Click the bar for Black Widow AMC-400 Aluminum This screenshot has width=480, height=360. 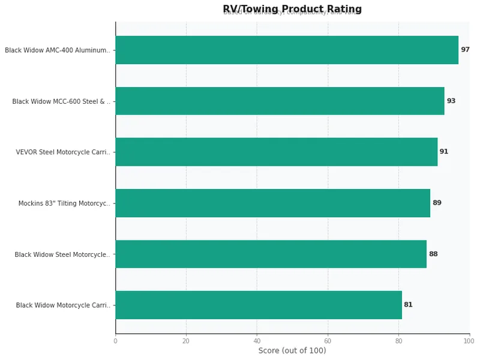pyautogui.click(x=287, y=50)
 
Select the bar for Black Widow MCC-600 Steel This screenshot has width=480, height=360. pyautogui.click(x=280, y=101)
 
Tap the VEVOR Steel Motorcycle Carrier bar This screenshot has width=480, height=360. pyautogui.click(x=276, y=152)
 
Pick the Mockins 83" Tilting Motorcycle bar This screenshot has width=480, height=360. pyautogui.click(x=272, y=203)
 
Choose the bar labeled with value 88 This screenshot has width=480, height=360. pyautogui.click(x=271, y=254)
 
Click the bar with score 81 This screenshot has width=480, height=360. pyautogui.click(x=259, y=305)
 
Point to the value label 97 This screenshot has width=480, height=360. pyautogui.click(x=465, y=50)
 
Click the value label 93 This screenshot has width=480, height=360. pyautogui.click(x=451, y=101)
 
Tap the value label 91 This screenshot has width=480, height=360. pyautogui.click(x=444, y=152)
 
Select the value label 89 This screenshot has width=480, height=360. pyautogui.click(x=437, y=203)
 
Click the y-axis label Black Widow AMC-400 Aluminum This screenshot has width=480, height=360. pyautogui.click(x=58, y=50)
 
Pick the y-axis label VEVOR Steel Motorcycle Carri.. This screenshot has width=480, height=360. pyautogui.click(x=63, y=152)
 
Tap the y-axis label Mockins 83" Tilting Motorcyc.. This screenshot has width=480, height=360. pyautogui.click(x=64, y=203)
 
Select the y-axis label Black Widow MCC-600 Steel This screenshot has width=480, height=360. pyautogui.click(x=61, y=101)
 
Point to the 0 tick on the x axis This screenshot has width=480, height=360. pyautogui.click(x=115, y=341)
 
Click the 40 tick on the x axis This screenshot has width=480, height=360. pyautogui.click(x=257, y=341)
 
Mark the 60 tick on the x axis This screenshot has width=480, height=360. pyautogui.click(x=328, y=341)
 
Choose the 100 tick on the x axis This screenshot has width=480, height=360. pyautogui.click(x=469, y=341)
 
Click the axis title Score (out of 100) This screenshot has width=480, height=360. pyautogui.click(x=292, y=350)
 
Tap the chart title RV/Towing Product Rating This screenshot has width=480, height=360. pyautogui.click(x=292, y=9)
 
